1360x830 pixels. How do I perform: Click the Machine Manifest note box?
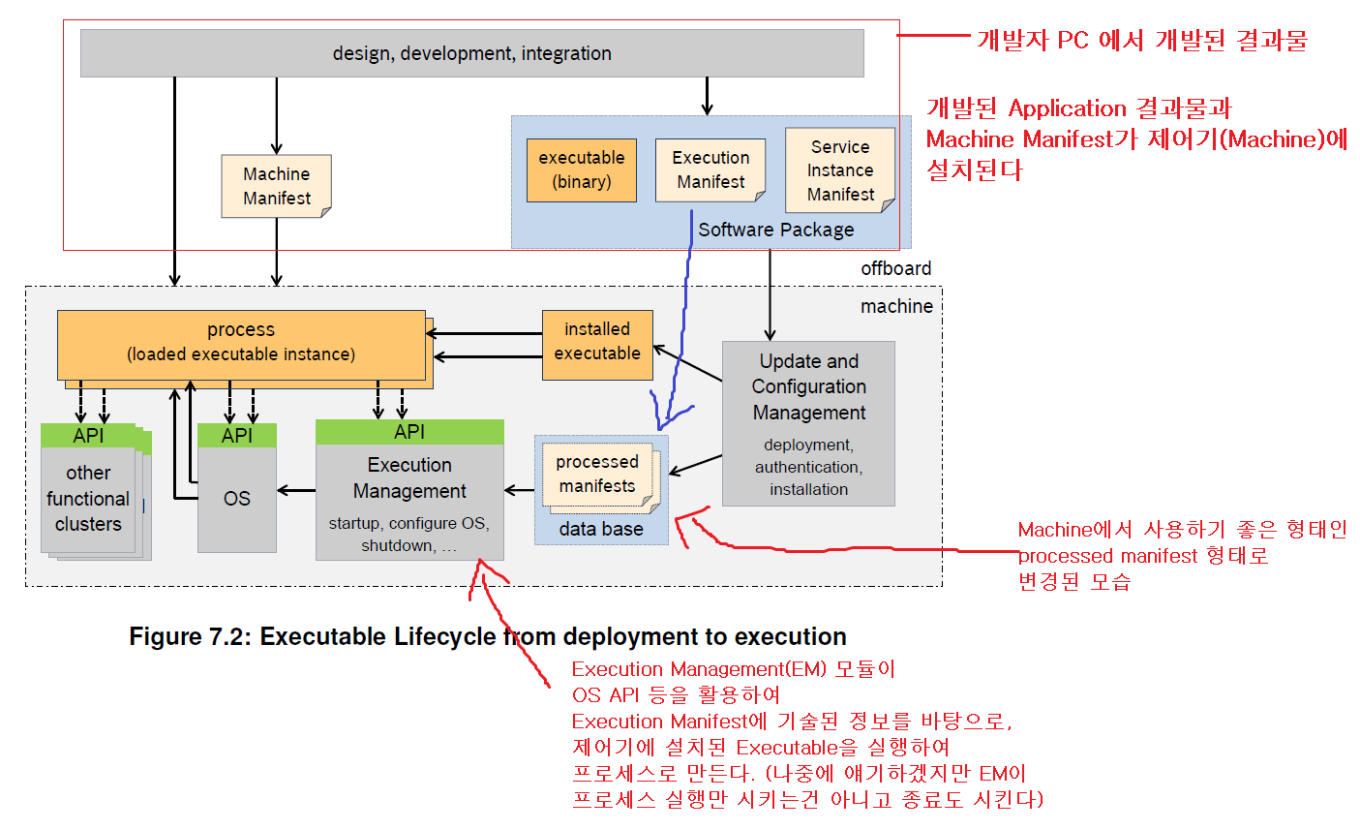(276, 186)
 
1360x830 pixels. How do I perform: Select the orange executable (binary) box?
(581, 169)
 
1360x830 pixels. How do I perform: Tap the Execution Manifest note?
(710, 169)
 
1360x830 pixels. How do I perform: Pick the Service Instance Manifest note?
(839, 170)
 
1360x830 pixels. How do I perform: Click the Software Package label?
(775, 230)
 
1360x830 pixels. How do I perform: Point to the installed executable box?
(596, 342)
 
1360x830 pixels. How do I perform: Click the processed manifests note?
(597, 474)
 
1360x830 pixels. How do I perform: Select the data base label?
(600, 529)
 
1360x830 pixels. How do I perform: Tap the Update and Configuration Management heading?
(808, 386)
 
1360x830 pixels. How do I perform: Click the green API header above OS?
(237, 436)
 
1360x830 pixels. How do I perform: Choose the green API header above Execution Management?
(409, 432)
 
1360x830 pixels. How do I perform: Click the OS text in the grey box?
(237, 499)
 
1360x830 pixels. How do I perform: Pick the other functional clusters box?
(88, 499)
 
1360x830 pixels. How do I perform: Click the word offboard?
(895, 268)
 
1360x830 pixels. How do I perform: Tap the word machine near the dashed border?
(896, 306)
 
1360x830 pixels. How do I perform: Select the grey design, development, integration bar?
(471, 53)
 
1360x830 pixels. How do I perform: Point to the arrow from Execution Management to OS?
(296, 490)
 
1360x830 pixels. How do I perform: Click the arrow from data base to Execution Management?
(520, 490)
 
